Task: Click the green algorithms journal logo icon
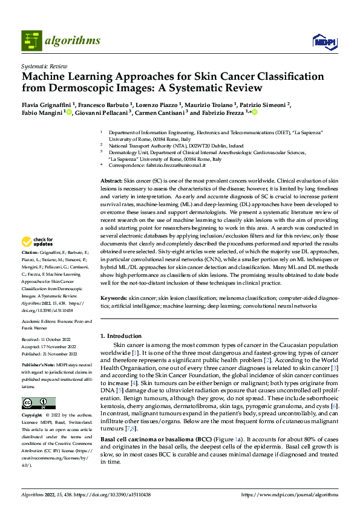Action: click(31, 41)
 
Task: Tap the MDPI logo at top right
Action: click(324, 41)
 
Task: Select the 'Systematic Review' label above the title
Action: click(44, 66)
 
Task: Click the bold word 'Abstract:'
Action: click(112, 181)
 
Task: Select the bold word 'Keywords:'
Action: click(114, 299)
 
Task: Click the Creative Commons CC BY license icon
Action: click(38, 403)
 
